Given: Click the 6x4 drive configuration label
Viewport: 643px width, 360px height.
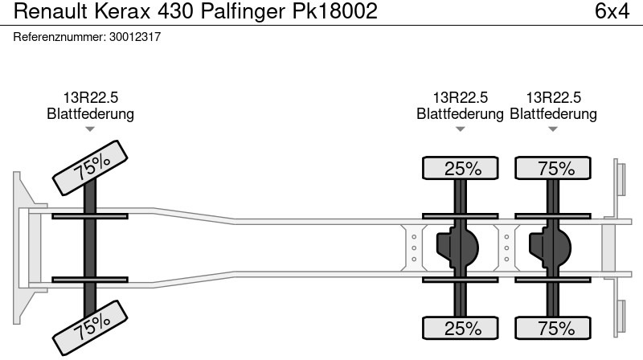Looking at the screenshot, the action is (x=612, y=11).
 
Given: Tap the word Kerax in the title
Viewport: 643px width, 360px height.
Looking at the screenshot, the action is (x=123, y=11).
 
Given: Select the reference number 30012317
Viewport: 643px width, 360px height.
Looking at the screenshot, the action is (x=135, y=37).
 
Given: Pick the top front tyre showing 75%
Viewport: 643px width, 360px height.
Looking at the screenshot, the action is (x=90, y=167).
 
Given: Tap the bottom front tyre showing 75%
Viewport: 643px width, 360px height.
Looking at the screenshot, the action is (x=90, y=328).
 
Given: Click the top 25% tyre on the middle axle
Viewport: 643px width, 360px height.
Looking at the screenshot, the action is (x=460, y=168).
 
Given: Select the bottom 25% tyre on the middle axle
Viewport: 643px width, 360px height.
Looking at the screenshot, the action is (x=460, y=328).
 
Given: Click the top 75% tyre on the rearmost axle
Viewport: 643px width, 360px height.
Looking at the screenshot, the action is (x=553, y=168).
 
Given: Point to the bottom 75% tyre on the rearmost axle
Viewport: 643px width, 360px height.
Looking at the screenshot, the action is (x=553, y=328).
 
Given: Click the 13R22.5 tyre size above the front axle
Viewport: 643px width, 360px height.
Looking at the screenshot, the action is (x=90, y=98).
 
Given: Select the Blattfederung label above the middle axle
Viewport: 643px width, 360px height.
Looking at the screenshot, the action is (x=460, y=114).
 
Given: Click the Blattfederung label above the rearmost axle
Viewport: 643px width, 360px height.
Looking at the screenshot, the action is (x=553, y=114).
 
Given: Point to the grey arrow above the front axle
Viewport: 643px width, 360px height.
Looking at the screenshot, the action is (x=90, y=129).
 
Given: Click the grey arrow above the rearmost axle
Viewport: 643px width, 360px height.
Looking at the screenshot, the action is (x=553, y=129).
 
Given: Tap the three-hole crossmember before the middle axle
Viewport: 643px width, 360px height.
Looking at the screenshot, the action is (x=414, y=248).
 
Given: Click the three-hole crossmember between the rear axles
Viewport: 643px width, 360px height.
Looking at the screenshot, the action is (x=506, y=248).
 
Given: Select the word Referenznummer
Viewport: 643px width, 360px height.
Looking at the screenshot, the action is (x=59, y=37).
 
